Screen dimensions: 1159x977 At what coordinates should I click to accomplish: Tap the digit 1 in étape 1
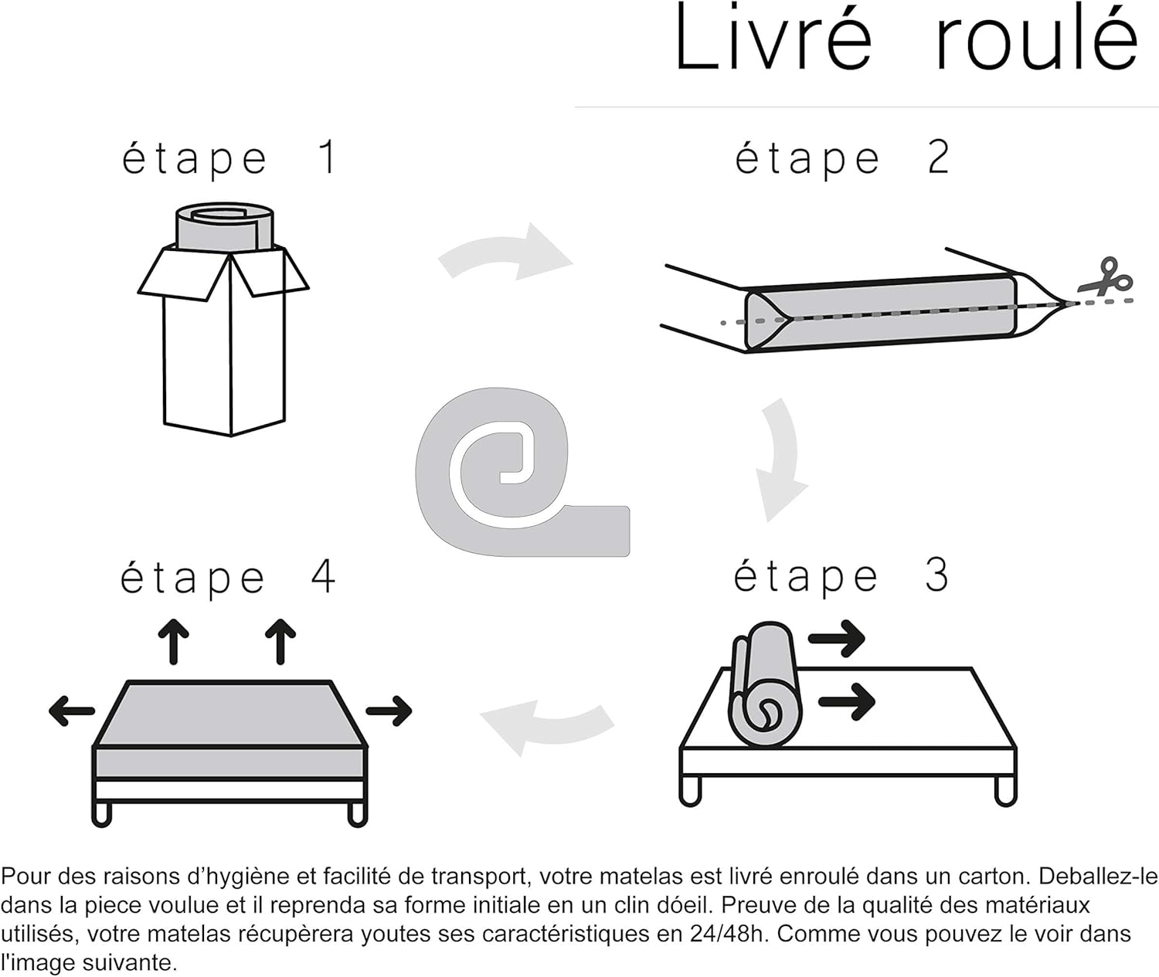(328, 157)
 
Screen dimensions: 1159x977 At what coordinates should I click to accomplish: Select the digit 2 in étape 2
(938, 157)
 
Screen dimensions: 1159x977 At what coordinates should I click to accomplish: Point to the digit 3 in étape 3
(937, 575)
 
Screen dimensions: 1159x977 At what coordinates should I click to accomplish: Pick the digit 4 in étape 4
(322, 576)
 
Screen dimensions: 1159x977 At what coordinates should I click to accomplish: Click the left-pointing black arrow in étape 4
(72, 711)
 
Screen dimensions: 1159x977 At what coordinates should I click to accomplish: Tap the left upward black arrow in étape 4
(174, 642)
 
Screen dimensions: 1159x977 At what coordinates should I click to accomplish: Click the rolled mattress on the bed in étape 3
(766, 684)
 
